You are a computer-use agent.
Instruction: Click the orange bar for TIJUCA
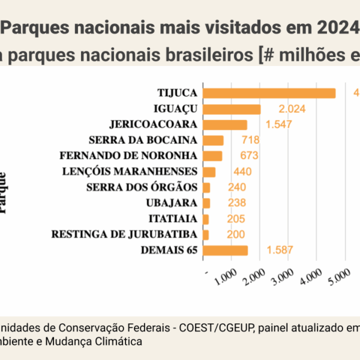pos(269,93)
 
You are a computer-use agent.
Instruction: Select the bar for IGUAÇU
pos(232,109)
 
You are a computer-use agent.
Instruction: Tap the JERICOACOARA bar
pos(225,125)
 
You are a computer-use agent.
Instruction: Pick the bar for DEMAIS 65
pos(225,250)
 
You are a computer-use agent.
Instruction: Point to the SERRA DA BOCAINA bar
pos(213,140)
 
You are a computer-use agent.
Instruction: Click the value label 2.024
pos(292,109)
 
